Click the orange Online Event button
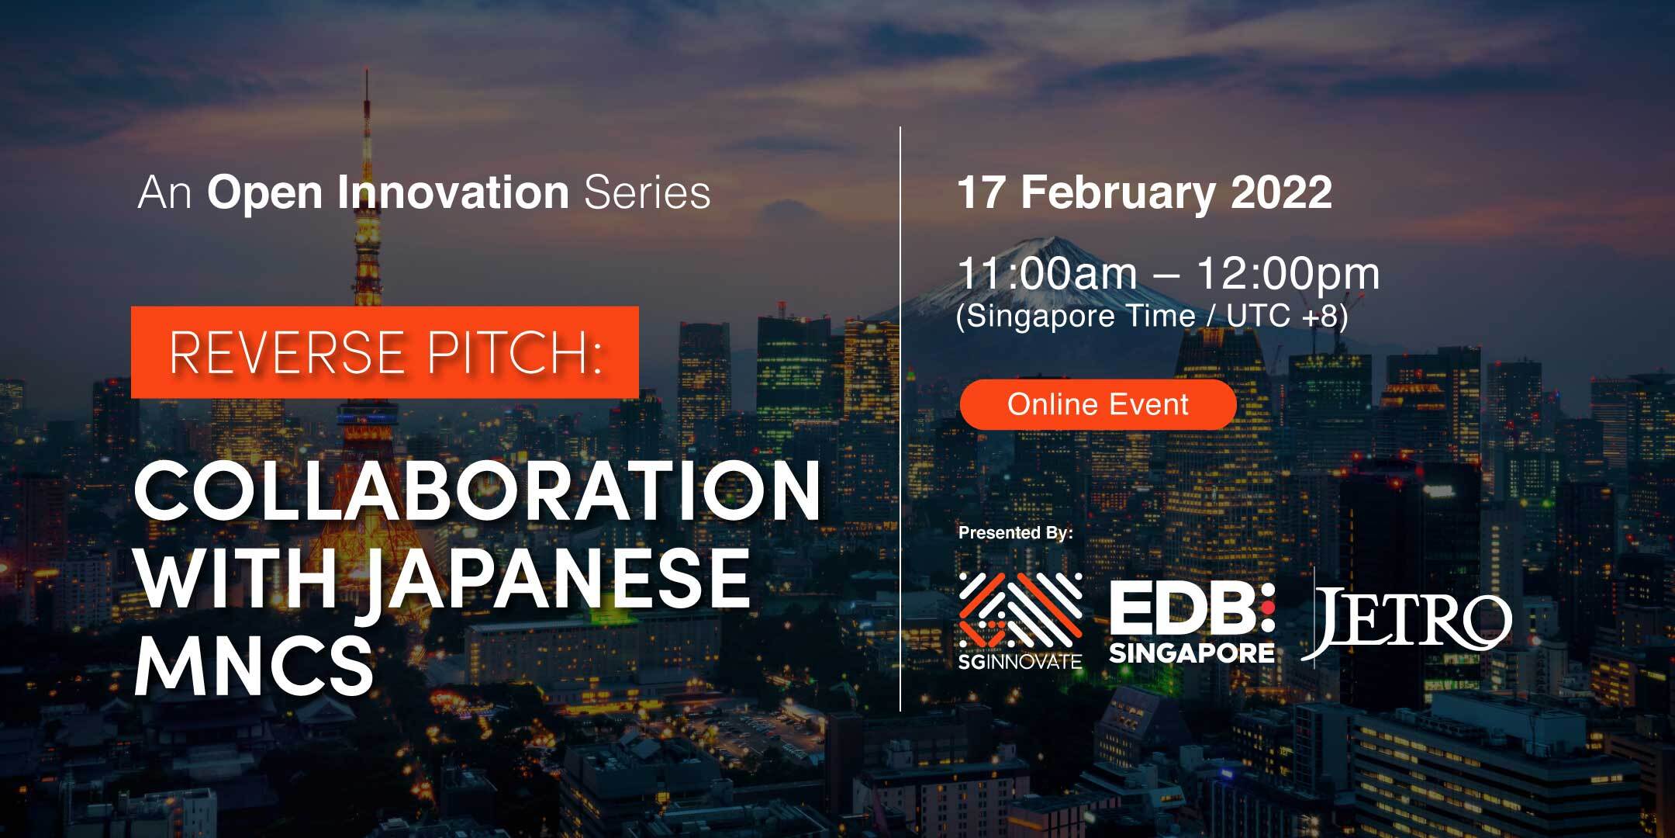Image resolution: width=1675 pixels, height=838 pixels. point(1097,404)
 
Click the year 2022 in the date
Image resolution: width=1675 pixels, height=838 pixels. point(1281,192)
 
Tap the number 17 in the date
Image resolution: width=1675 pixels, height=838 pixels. point(983,192)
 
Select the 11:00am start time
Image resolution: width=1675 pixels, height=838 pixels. point(1048,273)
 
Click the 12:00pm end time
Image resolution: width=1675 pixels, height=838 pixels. point(1289,275)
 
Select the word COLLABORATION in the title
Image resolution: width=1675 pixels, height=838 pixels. point(478,491)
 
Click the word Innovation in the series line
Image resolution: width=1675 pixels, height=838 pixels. point(454,192)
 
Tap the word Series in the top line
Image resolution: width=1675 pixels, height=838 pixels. point(648,192)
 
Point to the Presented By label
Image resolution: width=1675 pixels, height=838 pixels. point(1016,533)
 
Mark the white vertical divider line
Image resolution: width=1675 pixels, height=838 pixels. point(900,418)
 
